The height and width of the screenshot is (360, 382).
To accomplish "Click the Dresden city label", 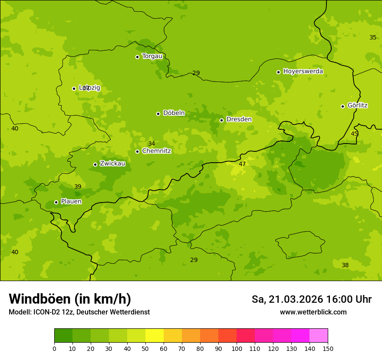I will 239,119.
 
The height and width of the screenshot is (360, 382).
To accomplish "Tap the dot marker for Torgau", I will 137,57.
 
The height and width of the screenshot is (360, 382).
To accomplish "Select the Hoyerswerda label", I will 303,72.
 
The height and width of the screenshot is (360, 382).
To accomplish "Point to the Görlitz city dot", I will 342,106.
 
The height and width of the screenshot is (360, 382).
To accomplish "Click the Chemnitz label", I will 156,151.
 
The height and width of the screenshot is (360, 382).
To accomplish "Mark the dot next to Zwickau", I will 95,164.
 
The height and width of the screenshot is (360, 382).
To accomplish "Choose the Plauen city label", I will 71,201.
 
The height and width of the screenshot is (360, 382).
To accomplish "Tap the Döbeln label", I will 174,113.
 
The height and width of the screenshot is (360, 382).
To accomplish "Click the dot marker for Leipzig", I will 74,88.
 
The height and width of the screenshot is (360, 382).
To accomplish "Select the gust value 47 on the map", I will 242,164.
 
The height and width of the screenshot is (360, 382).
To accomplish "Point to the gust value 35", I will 373,37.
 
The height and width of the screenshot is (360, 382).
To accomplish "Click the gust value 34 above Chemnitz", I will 151,144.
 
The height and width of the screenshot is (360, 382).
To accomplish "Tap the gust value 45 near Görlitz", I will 354,134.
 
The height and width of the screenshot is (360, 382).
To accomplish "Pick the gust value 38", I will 345,265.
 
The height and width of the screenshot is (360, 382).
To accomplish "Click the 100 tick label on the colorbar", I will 237,348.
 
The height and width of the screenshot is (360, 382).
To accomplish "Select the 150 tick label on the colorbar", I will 328,348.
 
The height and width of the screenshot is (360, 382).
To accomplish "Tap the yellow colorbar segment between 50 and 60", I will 155,336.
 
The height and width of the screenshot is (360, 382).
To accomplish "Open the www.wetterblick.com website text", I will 313,312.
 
